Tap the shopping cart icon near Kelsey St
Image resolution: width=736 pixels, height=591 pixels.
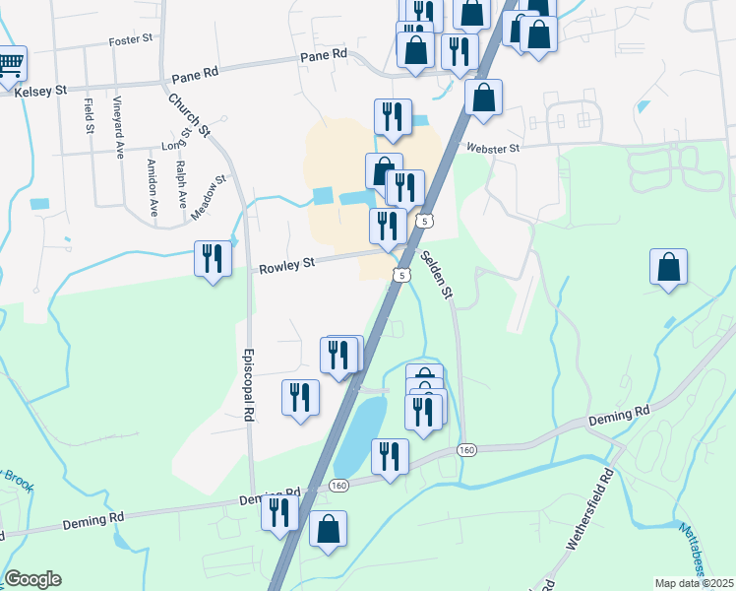pos(10,65)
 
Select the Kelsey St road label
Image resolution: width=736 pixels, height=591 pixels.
pos(40,91)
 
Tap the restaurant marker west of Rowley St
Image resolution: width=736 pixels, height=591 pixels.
pos(213,260)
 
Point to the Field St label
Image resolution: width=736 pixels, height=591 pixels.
pos(90,115)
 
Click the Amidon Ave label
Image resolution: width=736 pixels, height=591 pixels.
pos(153,187)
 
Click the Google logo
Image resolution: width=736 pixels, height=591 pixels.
pos(32,579)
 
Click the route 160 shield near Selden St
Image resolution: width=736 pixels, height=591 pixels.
pos(466,449)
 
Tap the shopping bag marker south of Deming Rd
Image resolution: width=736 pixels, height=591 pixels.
pos(328,530)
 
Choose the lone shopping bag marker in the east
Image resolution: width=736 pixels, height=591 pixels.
pos(668,268)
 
